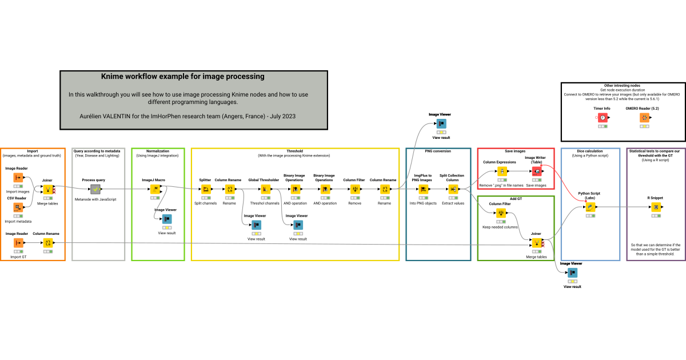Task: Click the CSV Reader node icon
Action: point(18,207)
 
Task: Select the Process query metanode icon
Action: point(95,189)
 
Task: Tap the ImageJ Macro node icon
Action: point(154,189)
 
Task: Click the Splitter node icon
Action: point(205,189)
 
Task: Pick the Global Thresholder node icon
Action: point(264,189)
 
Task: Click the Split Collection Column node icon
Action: point(452,189)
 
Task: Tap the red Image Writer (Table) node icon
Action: point(537,171)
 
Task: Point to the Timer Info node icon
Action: point(603,117)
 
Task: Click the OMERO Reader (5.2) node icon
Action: point(644,117)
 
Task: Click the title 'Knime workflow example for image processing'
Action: point(182,76)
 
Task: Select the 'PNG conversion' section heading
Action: point(438,151)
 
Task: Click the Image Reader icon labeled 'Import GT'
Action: point(18,243)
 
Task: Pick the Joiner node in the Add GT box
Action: point(536,243)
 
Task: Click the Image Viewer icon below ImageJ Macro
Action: point(166,219)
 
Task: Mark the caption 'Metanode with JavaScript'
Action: point(95,199)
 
